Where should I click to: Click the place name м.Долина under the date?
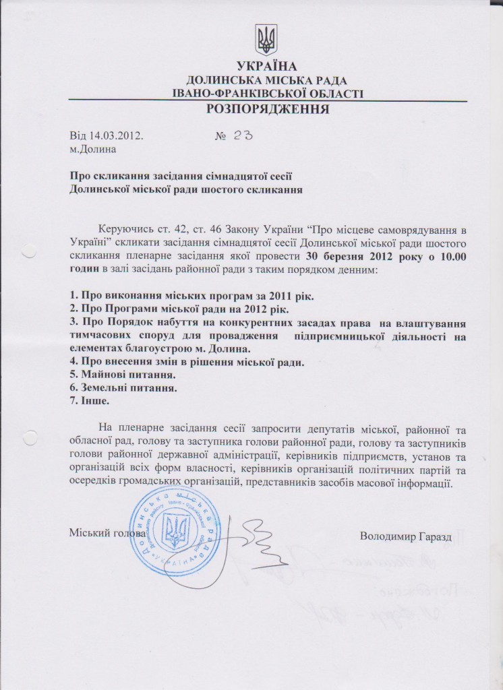(x=93, y=148)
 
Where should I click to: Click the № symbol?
(x=220, y=135)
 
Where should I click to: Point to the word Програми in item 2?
(x=123, y=310)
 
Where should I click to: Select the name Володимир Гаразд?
(x=403, y=536)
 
